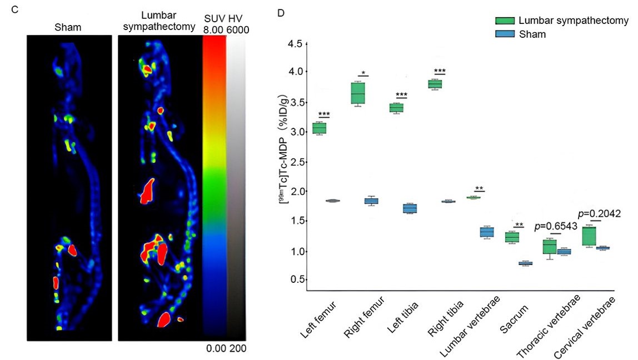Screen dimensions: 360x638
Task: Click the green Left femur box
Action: [319, 128]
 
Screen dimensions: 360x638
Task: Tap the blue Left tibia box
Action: [410, 208]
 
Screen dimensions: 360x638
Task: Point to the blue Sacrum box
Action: [526, 263]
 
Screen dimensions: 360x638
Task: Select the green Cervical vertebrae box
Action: [589, 236]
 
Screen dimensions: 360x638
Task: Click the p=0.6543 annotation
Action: [556, 227]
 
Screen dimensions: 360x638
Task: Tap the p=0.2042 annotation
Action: [599, 213]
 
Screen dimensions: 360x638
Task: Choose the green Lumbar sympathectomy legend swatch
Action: [504, 21]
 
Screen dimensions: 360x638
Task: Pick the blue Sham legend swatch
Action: [504, 34]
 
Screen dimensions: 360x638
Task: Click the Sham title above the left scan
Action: [66, 26]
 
